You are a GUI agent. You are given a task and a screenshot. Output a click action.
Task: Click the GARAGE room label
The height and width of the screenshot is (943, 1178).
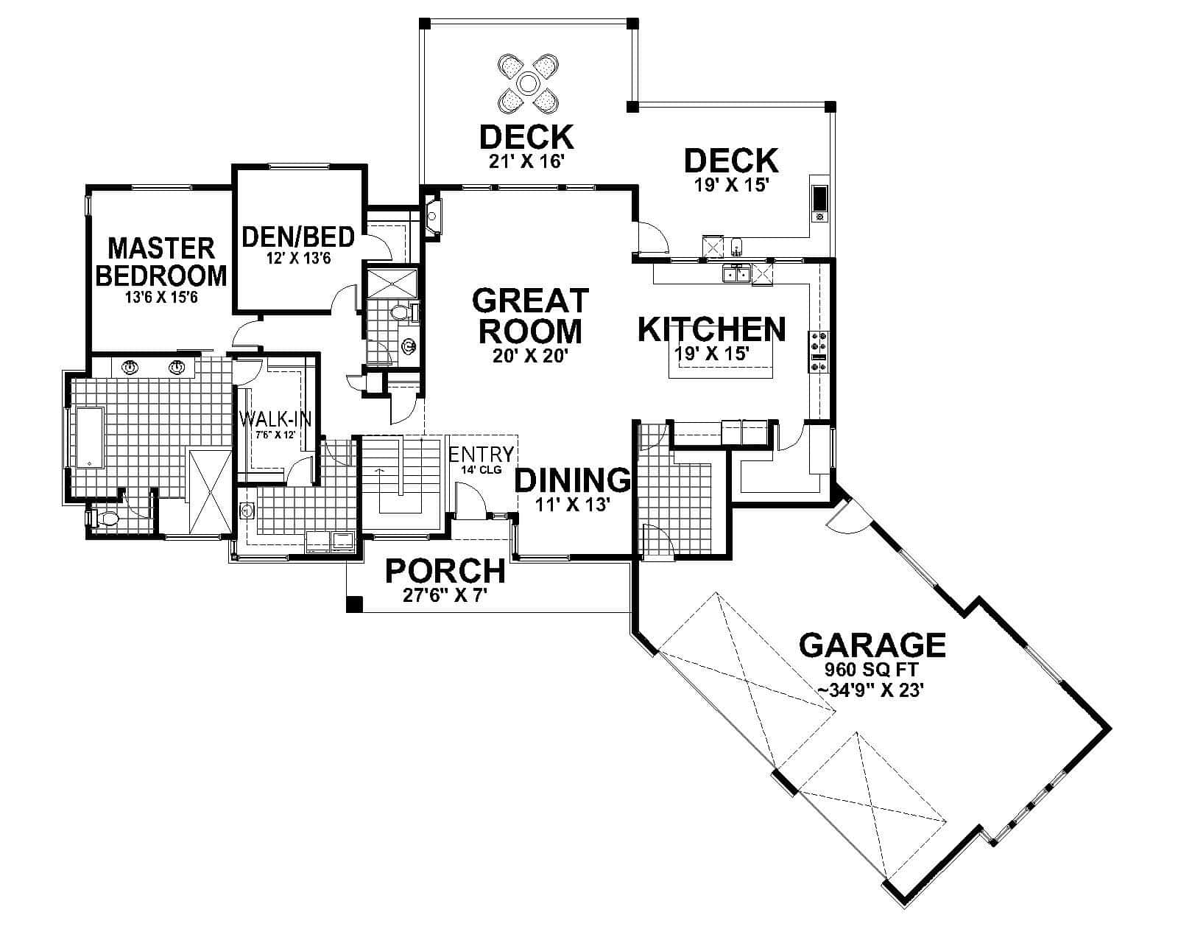(x=872, y=645)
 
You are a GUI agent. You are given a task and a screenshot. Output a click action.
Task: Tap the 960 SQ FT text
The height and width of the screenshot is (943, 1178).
(x=872, y=671)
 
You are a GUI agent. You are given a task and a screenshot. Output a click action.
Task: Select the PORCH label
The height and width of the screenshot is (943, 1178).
(x=445, y=571)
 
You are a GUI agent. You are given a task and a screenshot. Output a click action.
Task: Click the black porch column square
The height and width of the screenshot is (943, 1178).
(x=354, y=604)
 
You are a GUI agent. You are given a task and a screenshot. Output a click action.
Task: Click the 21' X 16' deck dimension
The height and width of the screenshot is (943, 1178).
(x=526, y=161)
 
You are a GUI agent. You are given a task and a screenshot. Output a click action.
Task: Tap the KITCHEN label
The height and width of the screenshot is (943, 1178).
(x=711, y=329)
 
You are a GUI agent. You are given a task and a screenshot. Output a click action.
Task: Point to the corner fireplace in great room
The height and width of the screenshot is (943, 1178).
(x=433, y=217)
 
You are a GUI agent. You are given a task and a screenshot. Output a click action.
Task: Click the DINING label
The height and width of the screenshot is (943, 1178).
(x=572, y=480)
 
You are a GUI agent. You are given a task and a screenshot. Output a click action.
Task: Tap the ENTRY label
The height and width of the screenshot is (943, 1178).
(x=481, y=453)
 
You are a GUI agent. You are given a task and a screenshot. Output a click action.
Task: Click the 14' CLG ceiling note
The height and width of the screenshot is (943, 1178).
(x=481, y=469)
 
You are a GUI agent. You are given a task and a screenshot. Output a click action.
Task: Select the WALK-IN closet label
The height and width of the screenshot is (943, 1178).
(x=275, y=419)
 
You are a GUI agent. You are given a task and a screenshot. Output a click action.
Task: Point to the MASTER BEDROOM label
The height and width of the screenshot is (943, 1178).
(x=161, y=262)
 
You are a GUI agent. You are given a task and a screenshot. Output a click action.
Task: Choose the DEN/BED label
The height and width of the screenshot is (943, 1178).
(x=298, y=237)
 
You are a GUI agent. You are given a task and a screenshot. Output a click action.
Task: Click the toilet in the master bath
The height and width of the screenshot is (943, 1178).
(x=105, y=519)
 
